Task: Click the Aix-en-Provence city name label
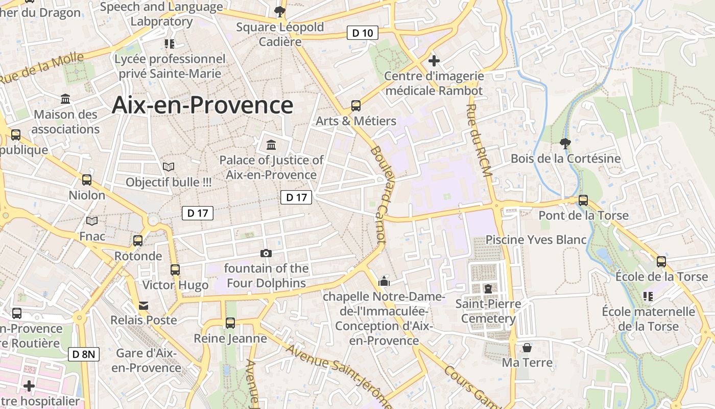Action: click(x=202, y=105)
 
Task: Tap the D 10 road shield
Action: click(x=363, y=33)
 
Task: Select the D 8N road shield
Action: click(x=84, y=354)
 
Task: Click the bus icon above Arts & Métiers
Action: click(x=356, y=106)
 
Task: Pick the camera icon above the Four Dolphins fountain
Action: click(x=266, y=253)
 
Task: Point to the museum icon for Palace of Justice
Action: click(x=271, y=145)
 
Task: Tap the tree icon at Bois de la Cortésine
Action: click(x=565, y=143)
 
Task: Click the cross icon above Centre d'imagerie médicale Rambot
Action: click(x=434, y=61)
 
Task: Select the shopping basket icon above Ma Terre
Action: click(x=527, y=348)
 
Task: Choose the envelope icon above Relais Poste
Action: click(x=144, y=305)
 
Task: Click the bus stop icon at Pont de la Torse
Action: click(x=583, y=200)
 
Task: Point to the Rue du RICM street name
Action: click(x=479, y=141)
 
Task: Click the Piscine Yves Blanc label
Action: click(x=536, y=240)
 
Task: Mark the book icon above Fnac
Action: click(x=92, y=221)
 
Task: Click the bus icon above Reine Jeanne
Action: click(x=230, y=323)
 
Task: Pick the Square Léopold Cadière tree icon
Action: click(x=279, y=11)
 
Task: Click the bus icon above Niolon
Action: click(x=87, y=180)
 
